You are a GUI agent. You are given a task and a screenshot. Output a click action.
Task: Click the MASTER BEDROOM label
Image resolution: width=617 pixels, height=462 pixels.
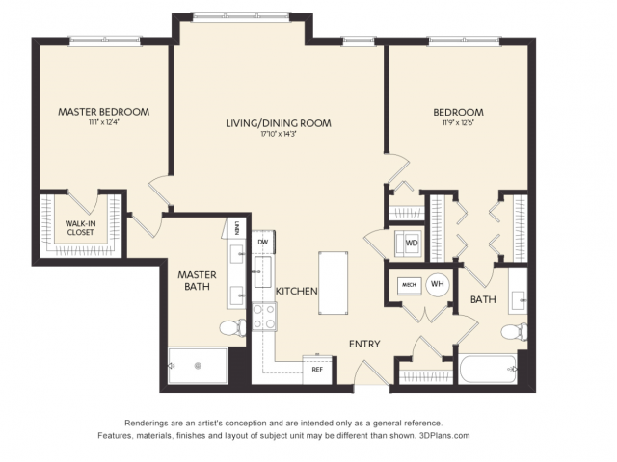pos(103,112)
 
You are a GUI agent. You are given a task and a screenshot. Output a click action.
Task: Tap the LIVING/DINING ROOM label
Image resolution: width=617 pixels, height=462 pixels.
pos(279,123)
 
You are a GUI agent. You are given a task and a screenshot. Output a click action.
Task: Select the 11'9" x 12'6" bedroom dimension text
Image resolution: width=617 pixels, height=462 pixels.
pos(458,123)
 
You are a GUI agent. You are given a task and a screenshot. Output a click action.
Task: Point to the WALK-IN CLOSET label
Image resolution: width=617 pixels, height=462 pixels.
pos(81,227)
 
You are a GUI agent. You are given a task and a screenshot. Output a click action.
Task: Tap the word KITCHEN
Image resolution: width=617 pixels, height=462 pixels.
pos(297,291)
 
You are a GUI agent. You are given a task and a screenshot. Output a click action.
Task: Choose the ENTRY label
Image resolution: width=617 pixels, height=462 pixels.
pos(364,344)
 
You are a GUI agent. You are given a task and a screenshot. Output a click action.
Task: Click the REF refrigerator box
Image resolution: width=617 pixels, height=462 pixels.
pos(316,369)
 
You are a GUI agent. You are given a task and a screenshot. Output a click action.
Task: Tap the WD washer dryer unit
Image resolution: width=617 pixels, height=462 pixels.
pos(411,244)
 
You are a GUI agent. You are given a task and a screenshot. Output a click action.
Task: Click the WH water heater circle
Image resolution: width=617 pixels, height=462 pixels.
pos(437,284)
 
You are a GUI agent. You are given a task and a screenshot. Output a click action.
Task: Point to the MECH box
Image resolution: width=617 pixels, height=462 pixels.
pos(408,285)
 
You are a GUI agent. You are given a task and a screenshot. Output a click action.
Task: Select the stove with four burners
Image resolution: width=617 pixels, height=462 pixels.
pos(264,317)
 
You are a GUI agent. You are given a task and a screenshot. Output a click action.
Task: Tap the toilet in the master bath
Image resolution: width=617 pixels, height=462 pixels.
pos(231,328)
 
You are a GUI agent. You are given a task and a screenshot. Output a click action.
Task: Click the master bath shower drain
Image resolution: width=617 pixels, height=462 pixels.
pos(198,366)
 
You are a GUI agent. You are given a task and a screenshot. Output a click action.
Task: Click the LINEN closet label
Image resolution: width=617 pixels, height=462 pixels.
pos(237,228)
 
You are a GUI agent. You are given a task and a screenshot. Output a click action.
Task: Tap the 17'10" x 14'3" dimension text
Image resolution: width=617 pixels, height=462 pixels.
pos(279,135)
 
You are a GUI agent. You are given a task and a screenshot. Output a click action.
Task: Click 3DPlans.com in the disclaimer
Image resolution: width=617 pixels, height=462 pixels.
pos(443,436)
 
